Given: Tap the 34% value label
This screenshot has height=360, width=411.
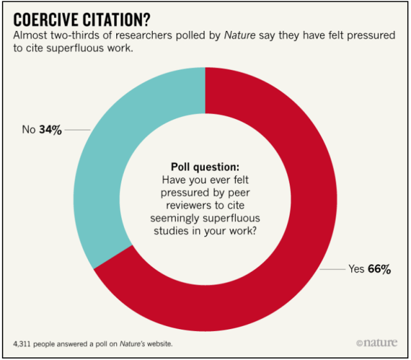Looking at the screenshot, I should (50, 129).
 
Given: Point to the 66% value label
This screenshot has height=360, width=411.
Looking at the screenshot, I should (379, 269).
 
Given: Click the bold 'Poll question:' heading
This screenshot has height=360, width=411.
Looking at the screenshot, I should (205, 166).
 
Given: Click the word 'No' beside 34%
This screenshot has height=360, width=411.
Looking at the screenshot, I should (28, 129).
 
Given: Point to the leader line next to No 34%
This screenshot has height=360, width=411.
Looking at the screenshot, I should (78, 129).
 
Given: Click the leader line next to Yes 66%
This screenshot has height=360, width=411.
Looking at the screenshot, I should (331, 269).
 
